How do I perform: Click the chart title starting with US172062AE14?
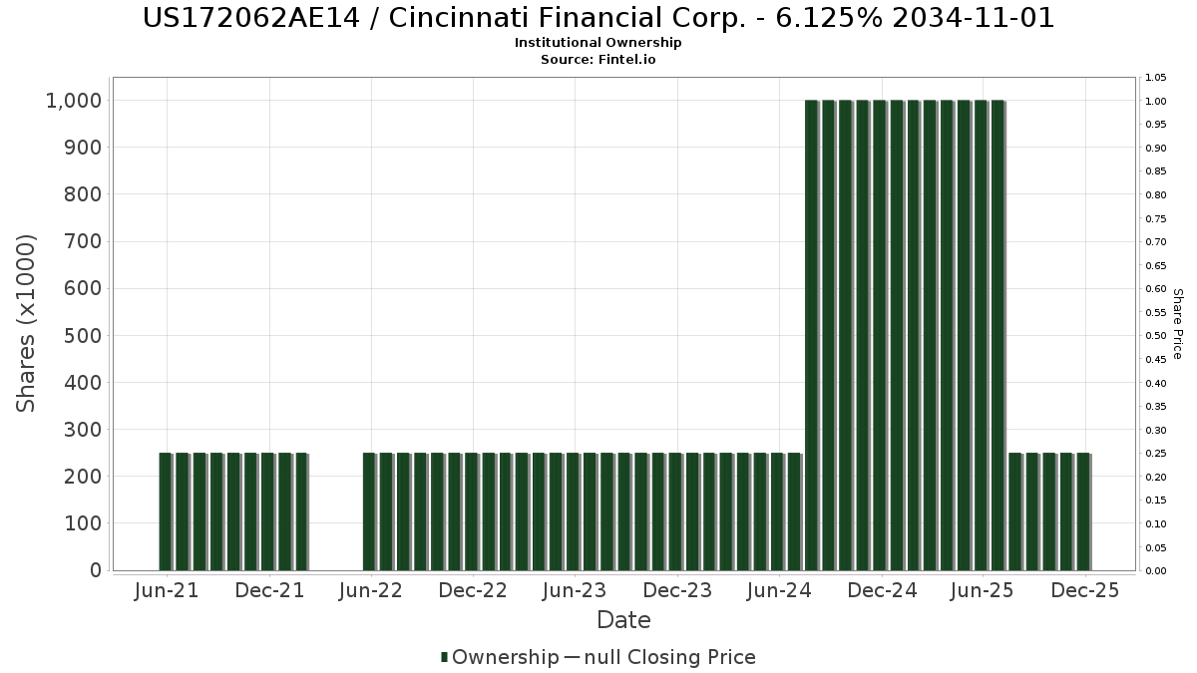click(x=598, y=18)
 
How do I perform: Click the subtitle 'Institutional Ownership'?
click(x=598, y=43)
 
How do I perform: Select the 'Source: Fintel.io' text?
click(x=598, y=60)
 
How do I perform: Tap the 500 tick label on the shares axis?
click(x=83, y=336)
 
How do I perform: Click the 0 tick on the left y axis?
click(x=96, y=570)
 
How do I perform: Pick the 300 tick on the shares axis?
click(x=83, y=430)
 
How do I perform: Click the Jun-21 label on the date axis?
click(x=166, y=590)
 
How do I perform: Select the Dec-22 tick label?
click(x=473, y=590)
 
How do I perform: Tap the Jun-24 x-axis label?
click(x=779, y=590)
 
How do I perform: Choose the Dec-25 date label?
click(x=1085, y=590)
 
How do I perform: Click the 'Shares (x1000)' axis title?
click(x=26, y=323)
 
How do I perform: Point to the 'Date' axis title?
click(x=623, y=620)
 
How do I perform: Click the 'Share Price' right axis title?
click(x=1177, y=323)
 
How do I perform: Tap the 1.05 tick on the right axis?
click(x=1156, y=78)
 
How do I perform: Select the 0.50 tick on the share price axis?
click(x=1156, y=336)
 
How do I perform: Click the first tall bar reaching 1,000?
click(x=811, y=335)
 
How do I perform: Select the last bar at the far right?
click(x=1082, y=511)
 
